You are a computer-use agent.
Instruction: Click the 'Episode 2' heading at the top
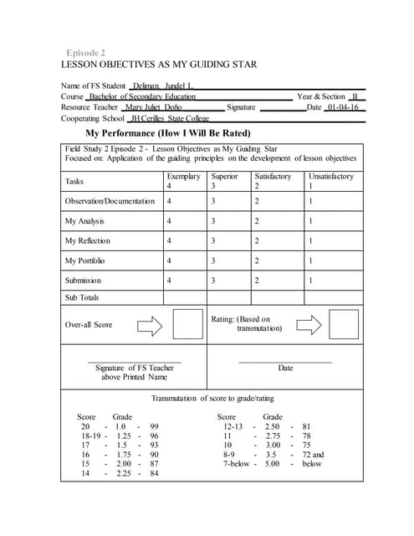tap(86, 52)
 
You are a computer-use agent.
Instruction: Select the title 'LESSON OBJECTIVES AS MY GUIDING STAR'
tap(159, 64)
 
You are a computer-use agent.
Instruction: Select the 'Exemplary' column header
tap(183, 176)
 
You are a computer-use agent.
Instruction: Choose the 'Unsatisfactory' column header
tap(331, 176)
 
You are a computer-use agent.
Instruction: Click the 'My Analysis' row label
tap(84, 221)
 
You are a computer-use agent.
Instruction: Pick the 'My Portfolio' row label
tap(85, 261)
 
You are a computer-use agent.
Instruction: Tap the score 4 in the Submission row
tap(170, 281)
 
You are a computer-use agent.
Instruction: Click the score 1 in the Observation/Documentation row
tap(310, 201)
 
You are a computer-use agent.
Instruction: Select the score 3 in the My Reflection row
tap(214, 241)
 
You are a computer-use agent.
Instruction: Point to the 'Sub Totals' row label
tap(82, 297)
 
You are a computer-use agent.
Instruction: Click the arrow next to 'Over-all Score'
tap(149, 325)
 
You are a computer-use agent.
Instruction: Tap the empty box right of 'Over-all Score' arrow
tap(188, 324)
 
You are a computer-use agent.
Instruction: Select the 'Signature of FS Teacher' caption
tap(135, 372)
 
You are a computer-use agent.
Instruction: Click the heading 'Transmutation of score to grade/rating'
tap(212, 398)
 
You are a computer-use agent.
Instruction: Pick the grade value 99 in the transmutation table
tap(154, 426)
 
